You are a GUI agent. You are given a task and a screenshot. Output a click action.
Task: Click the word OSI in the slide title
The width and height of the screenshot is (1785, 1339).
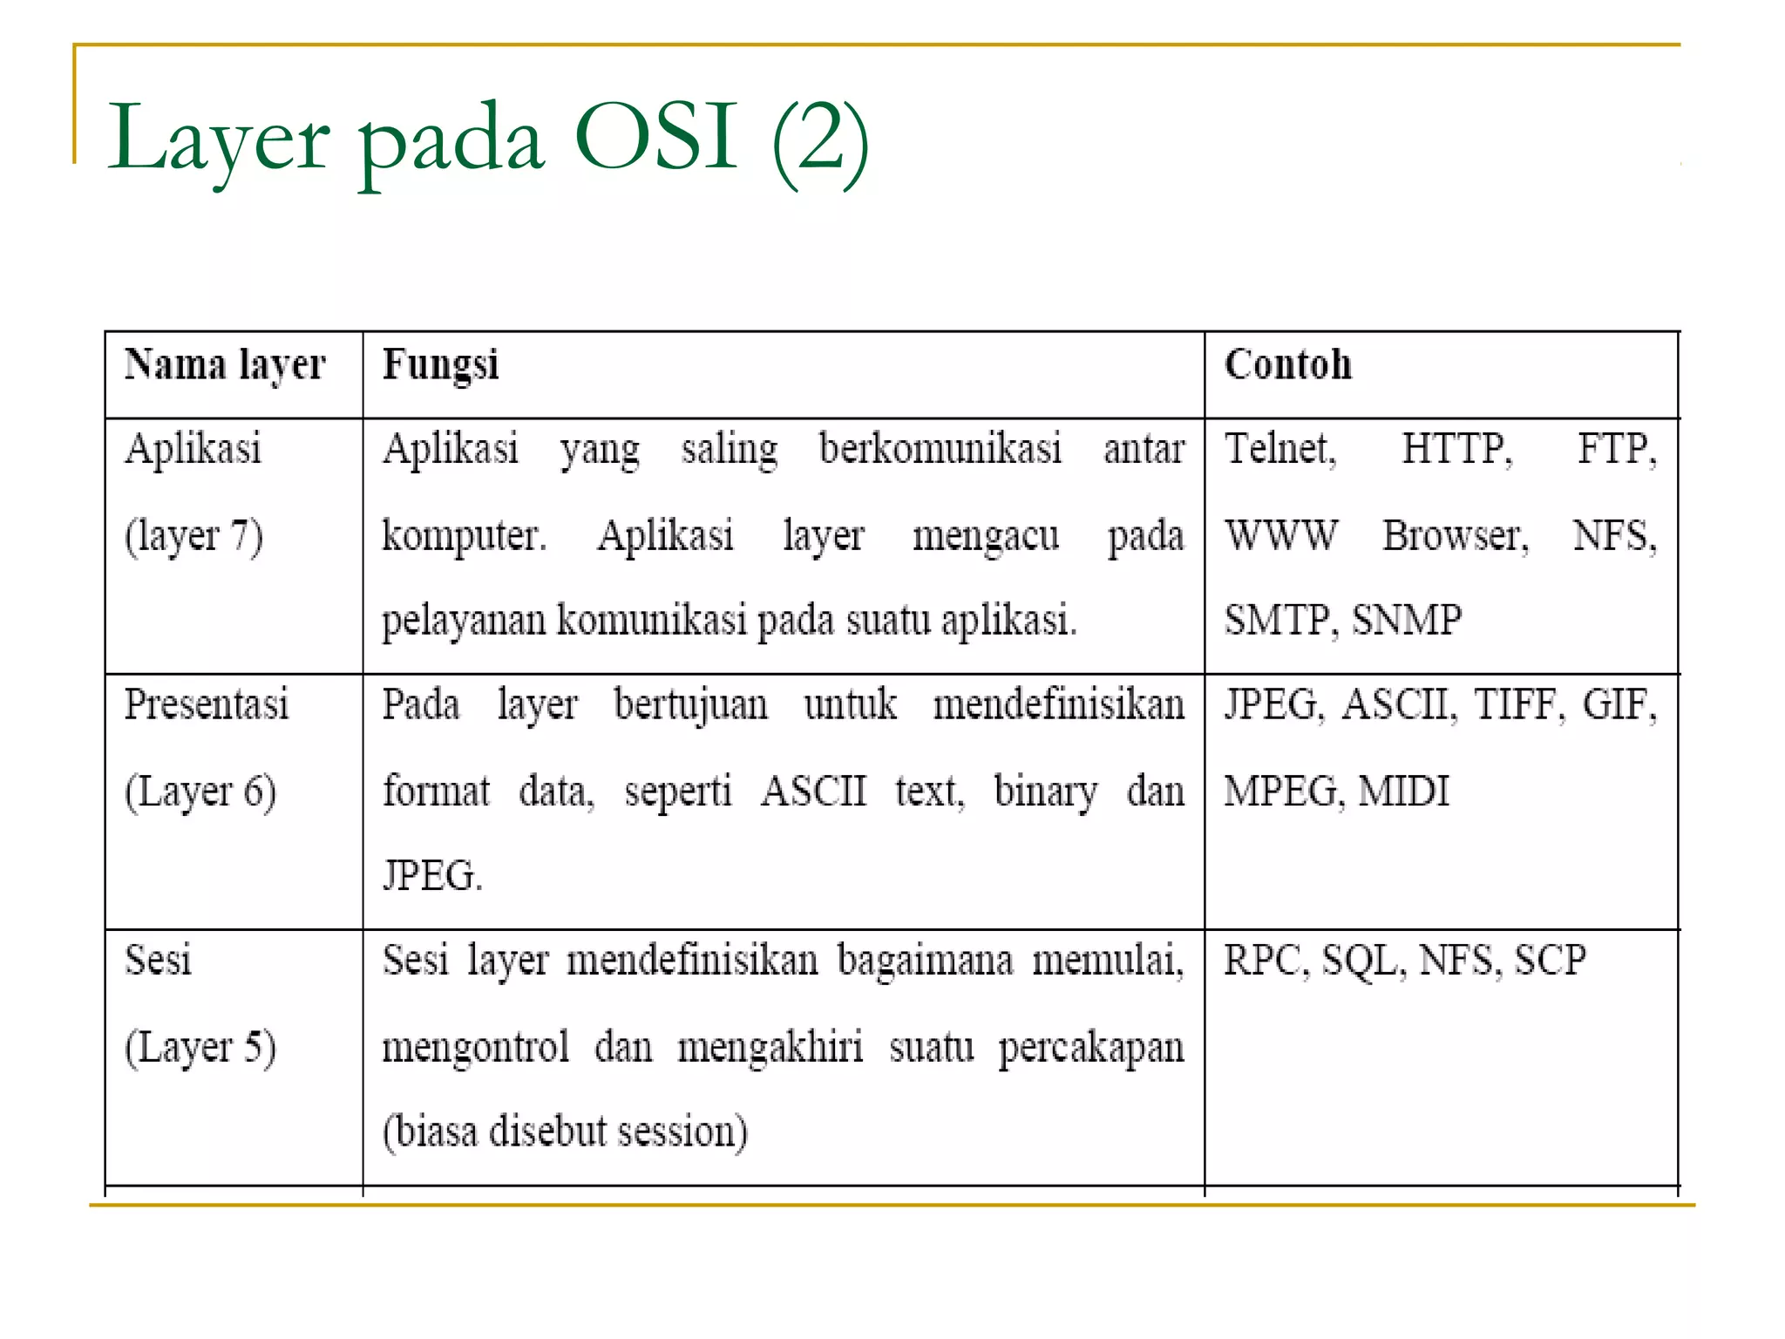pos(656,138)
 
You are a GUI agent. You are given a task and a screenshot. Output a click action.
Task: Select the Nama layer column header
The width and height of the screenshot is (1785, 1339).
pos(225,365)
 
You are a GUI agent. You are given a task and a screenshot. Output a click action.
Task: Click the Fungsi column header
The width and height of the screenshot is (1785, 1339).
pos(441,365)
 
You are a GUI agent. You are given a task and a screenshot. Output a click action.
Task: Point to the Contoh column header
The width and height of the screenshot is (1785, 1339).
pos(1287,365)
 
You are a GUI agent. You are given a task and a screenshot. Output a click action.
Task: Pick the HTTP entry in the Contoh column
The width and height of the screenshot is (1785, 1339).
pos(1456,450)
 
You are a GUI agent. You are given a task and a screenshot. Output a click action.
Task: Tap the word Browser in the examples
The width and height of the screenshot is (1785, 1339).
pos(1455,535)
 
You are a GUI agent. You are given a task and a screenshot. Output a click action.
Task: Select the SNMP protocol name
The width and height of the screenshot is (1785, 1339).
pos(1407,620)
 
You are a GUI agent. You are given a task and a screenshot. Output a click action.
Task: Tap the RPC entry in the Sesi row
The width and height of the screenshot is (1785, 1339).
pos(1265,961)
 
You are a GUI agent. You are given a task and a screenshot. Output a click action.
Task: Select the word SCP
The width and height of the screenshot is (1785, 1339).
pos(1550,961)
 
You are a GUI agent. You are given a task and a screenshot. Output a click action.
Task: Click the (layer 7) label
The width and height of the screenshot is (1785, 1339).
pos(193,536)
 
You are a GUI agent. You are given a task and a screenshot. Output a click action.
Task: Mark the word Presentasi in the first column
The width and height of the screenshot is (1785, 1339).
pos(207,705)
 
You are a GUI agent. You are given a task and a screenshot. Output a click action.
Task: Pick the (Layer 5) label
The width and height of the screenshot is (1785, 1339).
pos(200,1047)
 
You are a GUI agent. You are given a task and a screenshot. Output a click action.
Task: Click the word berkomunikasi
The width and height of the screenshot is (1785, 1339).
pos(940,450)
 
